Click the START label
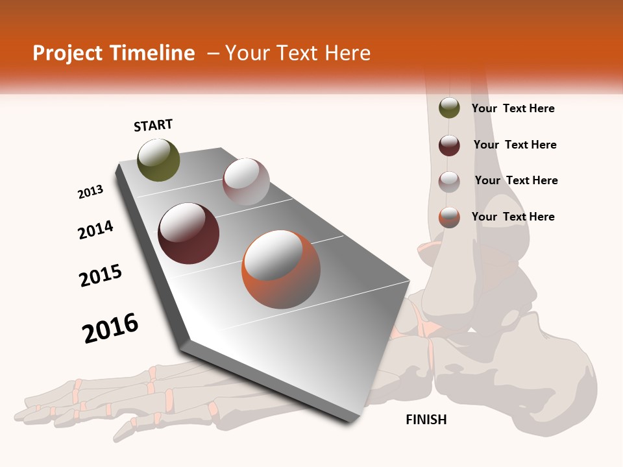153,125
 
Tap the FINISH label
426,420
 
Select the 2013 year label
91,192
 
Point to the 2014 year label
95,230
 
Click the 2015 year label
101,276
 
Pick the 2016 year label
110,328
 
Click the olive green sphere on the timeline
158,160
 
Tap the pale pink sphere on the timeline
246,182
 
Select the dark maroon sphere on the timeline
189,233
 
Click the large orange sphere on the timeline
281,269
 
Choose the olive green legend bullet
449,108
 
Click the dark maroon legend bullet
449,145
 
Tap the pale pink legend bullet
449,181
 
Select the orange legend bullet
449,217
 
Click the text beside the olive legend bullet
513,108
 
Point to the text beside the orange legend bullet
513,217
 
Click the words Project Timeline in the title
114,53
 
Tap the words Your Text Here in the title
297,53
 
